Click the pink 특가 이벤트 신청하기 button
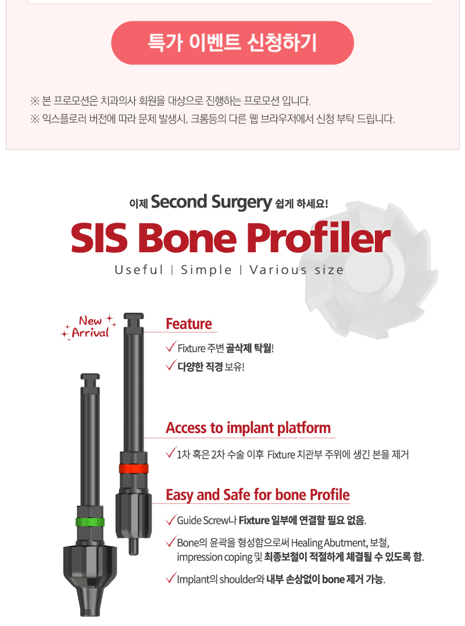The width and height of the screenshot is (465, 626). click(233, 42)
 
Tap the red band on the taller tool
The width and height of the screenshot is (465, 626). click(133, 468)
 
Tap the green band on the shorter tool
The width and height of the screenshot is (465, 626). click(90, 522)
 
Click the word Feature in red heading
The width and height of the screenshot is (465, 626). click(189, 324)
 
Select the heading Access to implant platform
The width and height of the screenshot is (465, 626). click(248, 428)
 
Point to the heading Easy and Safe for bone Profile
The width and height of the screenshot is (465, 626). click(258, 495)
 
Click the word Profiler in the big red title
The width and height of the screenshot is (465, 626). click(318, 238)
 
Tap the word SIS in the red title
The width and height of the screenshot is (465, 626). click(99, 238)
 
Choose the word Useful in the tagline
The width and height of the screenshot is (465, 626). click(139, 270)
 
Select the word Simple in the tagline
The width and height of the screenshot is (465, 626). click(206, 270)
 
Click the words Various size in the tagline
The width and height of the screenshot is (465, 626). click(296, 270)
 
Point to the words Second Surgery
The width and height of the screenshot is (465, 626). click(212, 202)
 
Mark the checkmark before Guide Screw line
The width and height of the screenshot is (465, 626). click(170, 520)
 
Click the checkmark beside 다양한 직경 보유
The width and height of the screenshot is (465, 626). click(171, 365)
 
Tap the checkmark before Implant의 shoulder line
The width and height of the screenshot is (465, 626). click(170, 578)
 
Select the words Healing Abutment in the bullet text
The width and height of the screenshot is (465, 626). click(329, 543)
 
